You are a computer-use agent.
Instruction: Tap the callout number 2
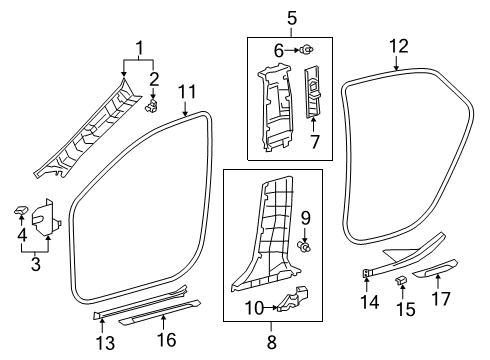[x=153, y=77]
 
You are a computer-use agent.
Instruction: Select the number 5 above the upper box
[x=292, y=17]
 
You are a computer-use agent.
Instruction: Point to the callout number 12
[x=399, y=45]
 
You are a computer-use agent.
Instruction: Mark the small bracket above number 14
[x=368, y=272]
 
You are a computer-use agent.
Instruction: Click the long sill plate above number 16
[x=160, y=314]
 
